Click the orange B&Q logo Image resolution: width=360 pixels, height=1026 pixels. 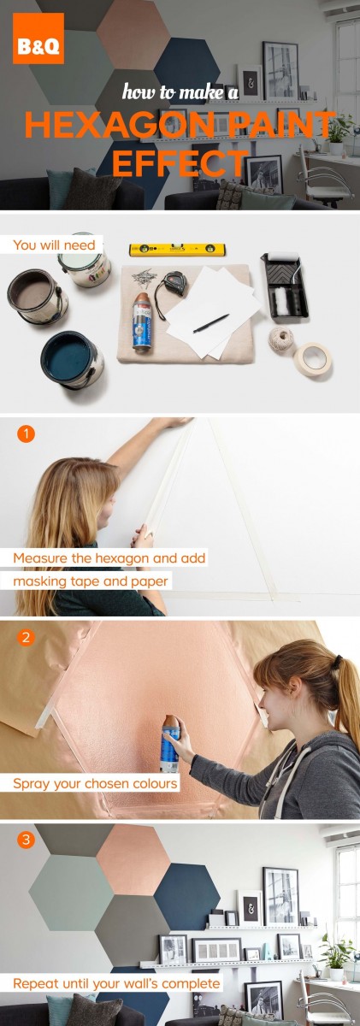point(38,38)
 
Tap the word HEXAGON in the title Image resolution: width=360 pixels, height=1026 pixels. point(117,126)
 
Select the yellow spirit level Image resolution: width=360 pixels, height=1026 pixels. point(177,249)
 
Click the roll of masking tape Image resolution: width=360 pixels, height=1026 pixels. point(311,358)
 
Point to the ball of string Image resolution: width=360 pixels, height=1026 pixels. point(280,339)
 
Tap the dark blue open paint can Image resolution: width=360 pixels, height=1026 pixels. point(73,360)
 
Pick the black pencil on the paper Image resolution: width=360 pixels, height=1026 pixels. point(210,323)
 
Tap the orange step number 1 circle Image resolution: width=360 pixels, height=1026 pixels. point(26,433)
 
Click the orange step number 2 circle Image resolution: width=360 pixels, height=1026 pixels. point(26,637)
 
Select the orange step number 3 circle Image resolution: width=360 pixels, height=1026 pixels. point(26,839)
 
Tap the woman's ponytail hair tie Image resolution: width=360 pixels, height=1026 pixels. point(338,661)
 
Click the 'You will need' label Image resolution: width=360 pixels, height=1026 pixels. point(54,245)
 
